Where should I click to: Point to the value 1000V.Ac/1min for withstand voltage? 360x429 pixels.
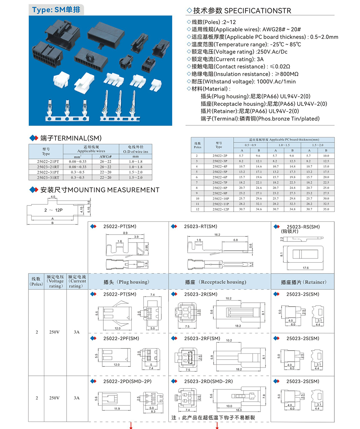point(276,81)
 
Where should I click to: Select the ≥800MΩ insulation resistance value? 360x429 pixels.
point(285,74)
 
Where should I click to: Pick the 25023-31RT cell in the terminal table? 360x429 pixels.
point(46,177)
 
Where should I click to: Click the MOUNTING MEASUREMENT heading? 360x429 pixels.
point(114,190)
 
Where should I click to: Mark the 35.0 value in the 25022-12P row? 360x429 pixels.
point(326,209)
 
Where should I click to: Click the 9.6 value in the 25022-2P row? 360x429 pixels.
point(258,155)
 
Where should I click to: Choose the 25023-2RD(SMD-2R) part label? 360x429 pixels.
point(208,381)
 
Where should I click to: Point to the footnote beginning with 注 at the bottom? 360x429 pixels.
point(213,418)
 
